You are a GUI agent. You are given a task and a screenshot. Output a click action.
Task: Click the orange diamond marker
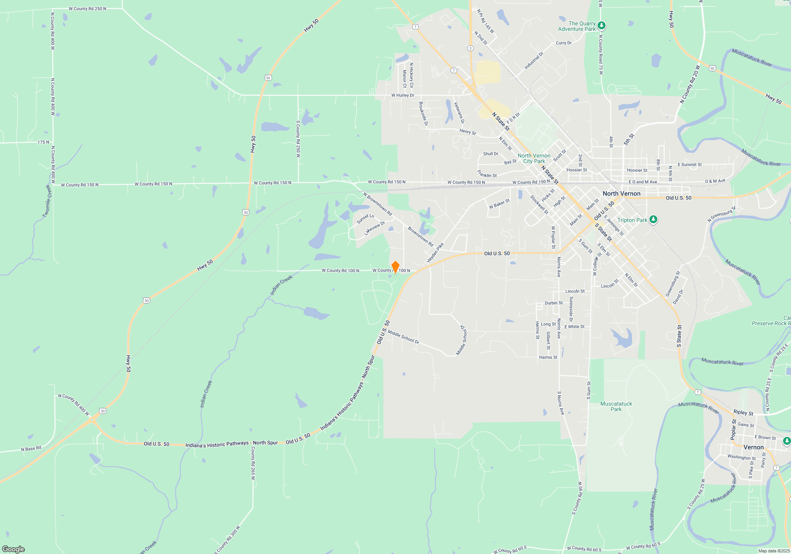[395, 267]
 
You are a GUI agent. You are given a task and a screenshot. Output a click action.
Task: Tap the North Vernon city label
[621, 194]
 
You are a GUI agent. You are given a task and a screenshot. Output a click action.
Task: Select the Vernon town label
[753, 447]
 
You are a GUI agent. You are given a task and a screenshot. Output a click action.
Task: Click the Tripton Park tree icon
[653, 219]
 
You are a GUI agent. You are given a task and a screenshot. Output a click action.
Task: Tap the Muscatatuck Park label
[616, 406]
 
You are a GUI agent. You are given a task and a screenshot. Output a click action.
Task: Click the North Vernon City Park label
[534, 158]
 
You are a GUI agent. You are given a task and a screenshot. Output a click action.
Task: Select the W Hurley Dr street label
[403, 95]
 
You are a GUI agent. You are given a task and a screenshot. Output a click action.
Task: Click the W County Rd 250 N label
[87, 9]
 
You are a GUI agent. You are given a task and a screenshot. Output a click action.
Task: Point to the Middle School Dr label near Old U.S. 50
[403, 337]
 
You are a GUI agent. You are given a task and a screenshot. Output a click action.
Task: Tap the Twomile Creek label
[47, 201]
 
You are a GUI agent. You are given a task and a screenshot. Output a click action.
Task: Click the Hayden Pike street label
[435, 253]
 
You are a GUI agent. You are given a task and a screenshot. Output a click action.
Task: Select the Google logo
[13, 549]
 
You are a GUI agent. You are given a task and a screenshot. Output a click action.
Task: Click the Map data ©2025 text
[774, 551]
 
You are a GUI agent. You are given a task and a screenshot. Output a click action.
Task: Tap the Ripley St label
[743, 412]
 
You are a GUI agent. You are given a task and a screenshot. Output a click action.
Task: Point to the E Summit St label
[689, 165]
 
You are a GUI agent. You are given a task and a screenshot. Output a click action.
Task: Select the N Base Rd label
[31, 449]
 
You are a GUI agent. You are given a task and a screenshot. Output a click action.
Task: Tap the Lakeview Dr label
[374, 228]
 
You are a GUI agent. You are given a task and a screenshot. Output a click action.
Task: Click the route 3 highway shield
[470, 48]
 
